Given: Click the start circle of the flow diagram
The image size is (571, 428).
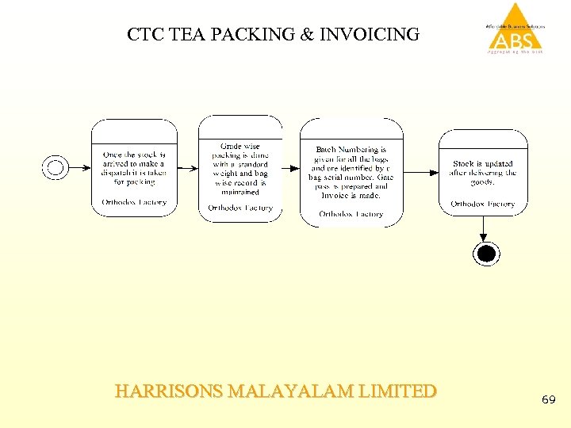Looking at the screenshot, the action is pos(55,166).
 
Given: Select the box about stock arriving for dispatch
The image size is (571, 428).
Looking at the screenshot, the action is pos(134,167).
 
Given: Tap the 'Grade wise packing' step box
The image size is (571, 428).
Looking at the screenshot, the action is pos(240,168).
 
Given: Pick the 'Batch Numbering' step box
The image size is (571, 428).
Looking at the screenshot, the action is pos(351,171).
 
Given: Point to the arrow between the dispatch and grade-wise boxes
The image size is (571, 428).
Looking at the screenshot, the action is pos(188,168).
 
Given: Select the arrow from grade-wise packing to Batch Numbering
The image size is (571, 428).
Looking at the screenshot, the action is pos(291,168).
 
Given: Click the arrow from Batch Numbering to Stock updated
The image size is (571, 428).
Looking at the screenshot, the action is pos(421,171).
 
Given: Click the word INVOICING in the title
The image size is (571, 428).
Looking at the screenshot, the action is pos(370,35).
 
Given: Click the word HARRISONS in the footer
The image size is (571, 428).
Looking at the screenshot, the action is pos(168,392).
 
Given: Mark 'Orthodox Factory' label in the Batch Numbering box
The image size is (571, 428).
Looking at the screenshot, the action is pos(351,213).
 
